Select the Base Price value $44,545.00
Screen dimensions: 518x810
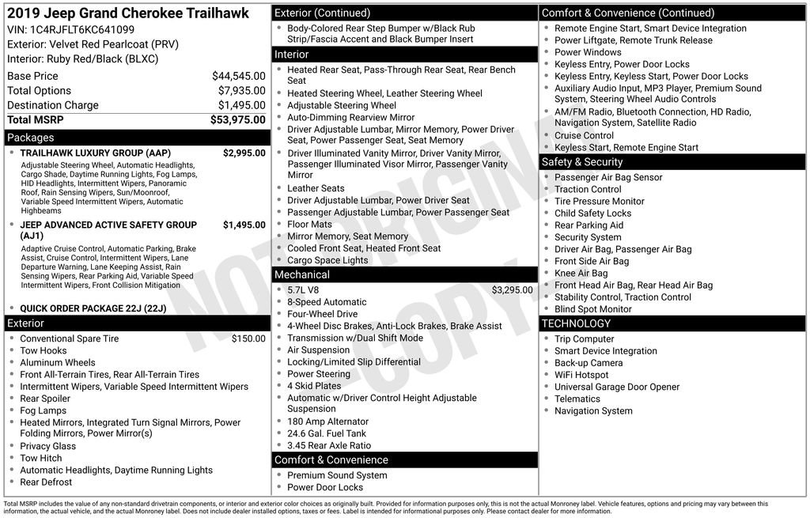(x=238, y=76)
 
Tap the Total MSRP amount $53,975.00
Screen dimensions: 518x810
(x=237, y=120)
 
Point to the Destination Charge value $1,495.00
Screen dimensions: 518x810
(x=241, y=105)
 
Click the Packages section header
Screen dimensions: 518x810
(x=31, y=138)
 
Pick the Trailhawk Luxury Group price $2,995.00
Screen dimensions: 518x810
(x=244, y=153)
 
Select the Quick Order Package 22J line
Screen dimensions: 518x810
(x=93, y=308)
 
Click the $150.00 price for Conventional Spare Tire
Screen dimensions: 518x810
(x=248, y=338)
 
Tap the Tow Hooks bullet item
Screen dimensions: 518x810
(x=44, y=350)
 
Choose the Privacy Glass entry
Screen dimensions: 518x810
(x=48, y=446)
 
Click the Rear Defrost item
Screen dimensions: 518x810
(x=46, y=482)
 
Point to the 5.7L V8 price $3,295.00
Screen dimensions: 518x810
(x=512, y=290)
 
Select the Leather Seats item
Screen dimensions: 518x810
(x=316, y=188)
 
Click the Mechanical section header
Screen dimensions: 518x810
(x=302, y=274)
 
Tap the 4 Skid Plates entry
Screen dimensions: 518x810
(x=314, y=386)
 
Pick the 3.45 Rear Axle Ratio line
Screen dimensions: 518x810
(x=329, y=445)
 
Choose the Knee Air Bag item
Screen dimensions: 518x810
(x=581, y=273)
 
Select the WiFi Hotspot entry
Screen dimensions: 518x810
(x=581, y=375)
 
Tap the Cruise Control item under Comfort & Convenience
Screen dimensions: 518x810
(x=584, y=135)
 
